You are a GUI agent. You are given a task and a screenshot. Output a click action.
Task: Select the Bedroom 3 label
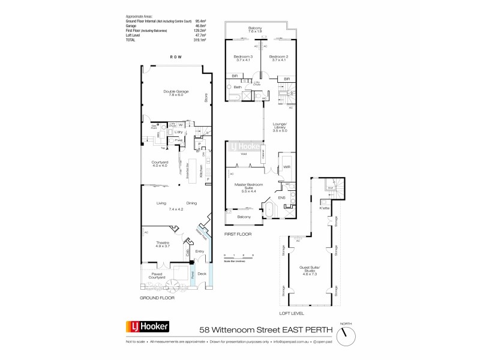(244, 58)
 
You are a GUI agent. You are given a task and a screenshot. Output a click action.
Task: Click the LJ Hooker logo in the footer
(147, 327)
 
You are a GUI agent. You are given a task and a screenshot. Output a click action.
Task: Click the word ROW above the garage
(175, 57)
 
